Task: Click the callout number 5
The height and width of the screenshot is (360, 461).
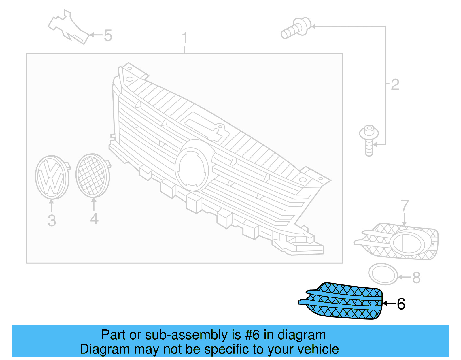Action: tap(108, 36)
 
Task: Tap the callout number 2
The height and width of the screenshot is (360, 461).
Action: tap(395, 85)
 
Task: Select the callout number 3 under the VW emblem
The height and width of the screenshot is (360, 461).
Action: tap(52, 220)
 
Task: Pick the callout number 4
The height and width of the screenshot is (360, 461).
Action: tap(94, 219)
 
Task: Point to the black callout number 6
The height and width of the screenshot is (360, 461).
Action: tap(401, 304)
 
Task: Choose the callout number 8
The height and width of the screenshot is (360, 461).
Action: tap(416, 278)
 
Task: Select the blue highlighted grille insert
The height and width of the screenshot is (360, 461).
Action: tap(343, 301)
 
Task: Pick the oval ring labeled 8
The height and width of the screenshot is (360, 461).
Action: tap(383, 274)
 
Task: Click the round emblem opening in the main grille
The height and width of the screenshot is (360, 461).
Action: tap(192, 169)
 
